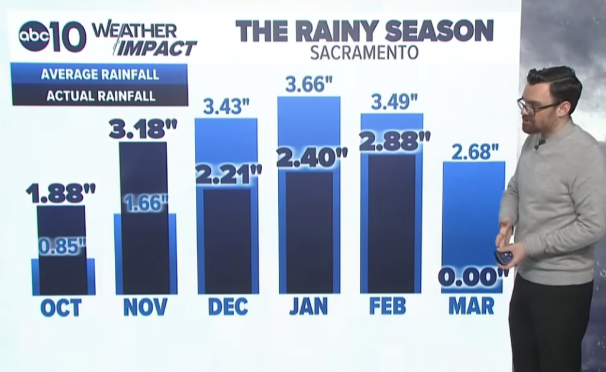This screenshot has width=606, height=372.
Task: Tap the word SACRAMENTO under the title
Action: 364,52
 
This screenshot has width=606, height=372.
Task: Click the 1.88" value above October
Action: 60,192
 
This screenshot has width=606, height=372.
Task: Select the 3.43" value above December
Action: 226,107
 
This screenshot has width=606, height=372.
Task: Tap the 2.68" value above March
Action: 475,152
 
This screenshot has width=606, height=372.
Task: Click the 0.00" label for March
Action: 473,276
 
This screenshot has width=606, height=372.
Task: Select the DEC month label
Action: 228,306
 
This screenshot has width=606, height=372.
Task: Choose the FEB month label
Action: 388,306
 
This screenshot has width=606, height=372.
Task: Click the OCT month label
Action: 61,307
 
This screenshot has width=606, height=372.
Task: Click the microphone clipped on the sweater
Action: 540,143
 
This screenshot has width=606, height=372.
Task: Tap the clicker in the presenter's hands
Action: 504,256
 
